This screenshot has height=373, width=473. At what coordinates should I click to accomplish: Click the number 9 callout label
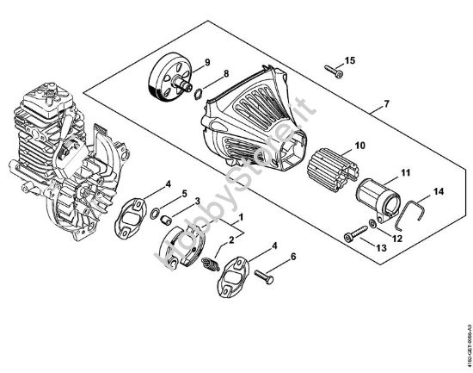click(x=206, y=61)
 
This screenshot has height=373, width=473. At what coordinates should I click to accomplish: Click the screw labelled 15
click(x=334, y=72)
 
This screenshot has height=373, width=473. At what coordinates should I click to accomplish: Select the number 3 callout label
click(x=198, y=202)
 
